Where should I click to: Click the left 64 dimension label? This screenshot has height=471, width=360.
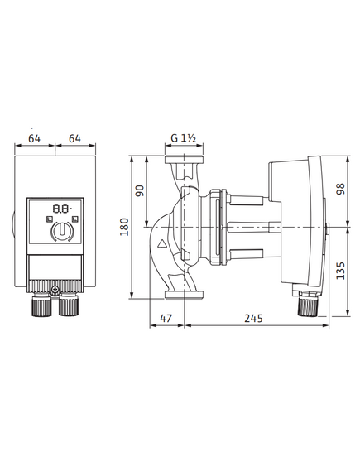[x=34, y=138]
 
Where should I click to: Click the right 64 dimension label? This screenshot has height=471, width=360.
[x=74, y=138]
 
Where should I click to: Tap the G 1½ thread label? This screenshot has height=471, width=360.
[x=184, y=138]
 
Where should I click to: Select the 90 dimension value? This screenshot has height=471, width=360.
[x=140, y=190]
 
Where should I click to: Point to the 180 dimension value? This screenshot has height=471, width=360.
[x=124, y=227]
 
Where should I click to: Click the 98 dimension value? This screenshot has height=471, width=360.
[x=341, y=189]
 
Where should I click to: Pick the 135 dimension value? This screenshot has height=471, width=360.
[x=341, y=271]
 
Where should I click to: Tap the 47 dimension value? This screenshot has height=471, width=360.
[x=166, y=318]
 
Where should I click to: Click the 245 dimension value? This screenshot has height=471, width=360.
[x=253, y=318]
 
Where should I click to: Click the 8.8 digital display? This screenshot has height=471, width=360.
[x=62, y=209]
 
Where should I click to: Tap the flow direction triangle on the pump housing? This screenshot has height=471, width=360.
[x=162, y=243]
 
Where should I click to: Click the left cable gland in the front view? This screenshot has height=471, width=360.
[x=41, y=305]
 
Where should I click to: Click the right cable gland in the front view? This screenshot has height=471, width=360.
[x=69, y=305]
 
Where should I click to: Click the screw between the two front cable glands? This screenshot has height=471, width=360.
[x=55, y=290]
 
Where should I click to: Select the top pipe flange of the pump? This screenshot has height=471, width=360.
[x=184, y=160]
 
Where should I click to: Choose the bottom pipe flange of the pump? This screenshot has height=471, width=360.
[x=184, y=295]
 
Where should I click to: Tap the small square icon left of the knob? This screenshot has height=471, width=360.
[x=49, y=219]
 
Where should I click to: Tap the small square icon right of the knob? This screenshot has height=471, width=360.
[x=75, y=219]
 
